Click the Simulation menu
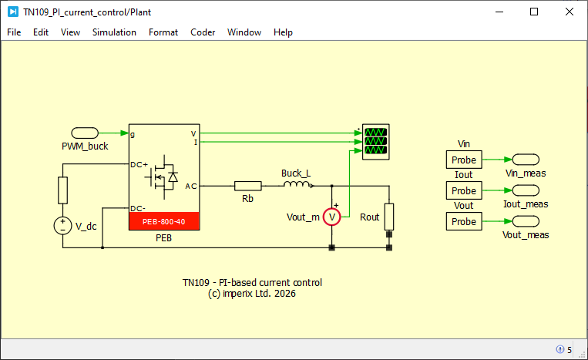point(114,32)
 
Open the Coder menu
point(203,32)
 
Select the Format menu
point(163,32)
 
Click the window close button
point(570,12)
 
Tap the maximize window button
point(534,12)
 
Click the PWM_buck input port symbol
point(85,133)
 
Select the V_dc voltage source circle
point(62,226)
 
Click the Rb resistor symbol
point(248,186)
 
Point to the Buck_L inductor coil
point(296,183)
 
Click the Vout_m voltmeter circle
point(332,217)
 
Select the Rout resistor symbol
point(389,217)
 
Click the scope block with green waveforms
point(376,142)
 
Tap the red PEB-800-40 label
point(164,221)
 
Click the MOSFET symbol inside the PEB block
point(162,177)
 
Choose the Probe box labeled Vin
point(464,160)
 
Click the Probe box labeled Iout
point(464,190)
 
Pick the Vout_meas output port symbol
point(526,221)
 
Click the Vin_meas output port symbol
point(526,160)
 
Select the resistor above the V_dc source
point(62,190)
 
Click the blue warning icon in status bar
point(560,349)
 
